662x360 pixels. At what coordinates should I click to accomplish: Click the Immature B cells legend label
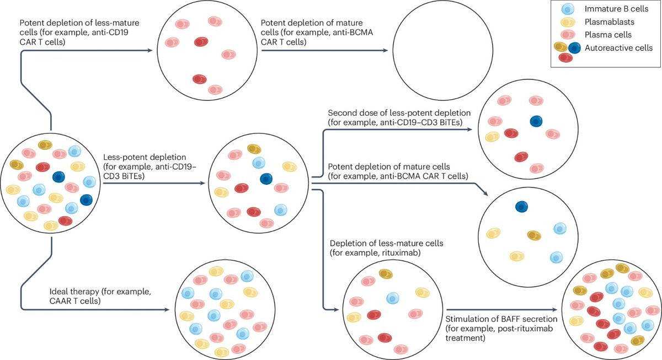[x=616, y=9]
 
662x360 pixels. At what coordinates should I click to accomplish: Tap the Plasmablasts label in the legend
[x=610, y=22]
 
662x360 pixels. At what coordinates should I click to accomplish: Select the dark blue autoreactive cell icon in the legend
[x=574, y=48]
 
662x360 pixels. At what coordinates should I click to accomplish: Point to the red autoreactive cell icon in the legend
[x=565, y=57]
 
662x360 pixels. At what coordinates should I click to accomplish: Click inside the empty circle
[x=442, y=50]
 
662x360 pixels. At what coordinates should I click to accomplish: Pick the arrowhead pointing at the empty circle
[x=386, y=50]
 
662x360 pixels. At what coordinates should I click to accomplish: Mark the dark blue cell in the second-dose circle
[x=536, y=121]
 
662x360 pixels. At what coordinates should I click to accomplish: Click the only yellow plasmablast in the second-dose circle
[x=492, y=137]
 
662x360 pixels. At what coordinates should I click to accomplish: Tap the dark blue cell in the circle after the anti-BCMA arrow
[x=522, y=207]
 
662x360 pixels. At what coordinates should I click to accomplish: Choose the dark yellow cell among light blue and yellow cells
[x=535, y=235]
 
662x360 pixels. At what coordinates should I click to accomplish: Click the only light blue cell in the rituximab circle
[x=393, y=298]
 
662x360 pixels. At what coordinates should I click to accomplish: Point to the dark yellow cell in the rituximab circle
[x=386, y=274]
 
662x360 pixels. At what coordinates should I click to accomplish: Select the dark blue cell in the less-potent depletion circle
[x=266, y=179]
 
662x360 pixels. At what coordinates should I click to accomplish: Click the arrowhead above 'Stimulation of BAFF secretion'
[x=555, y=310]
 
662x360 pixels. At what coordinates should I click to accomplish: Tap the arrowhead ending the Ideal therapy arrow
[x=167, y=310]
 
